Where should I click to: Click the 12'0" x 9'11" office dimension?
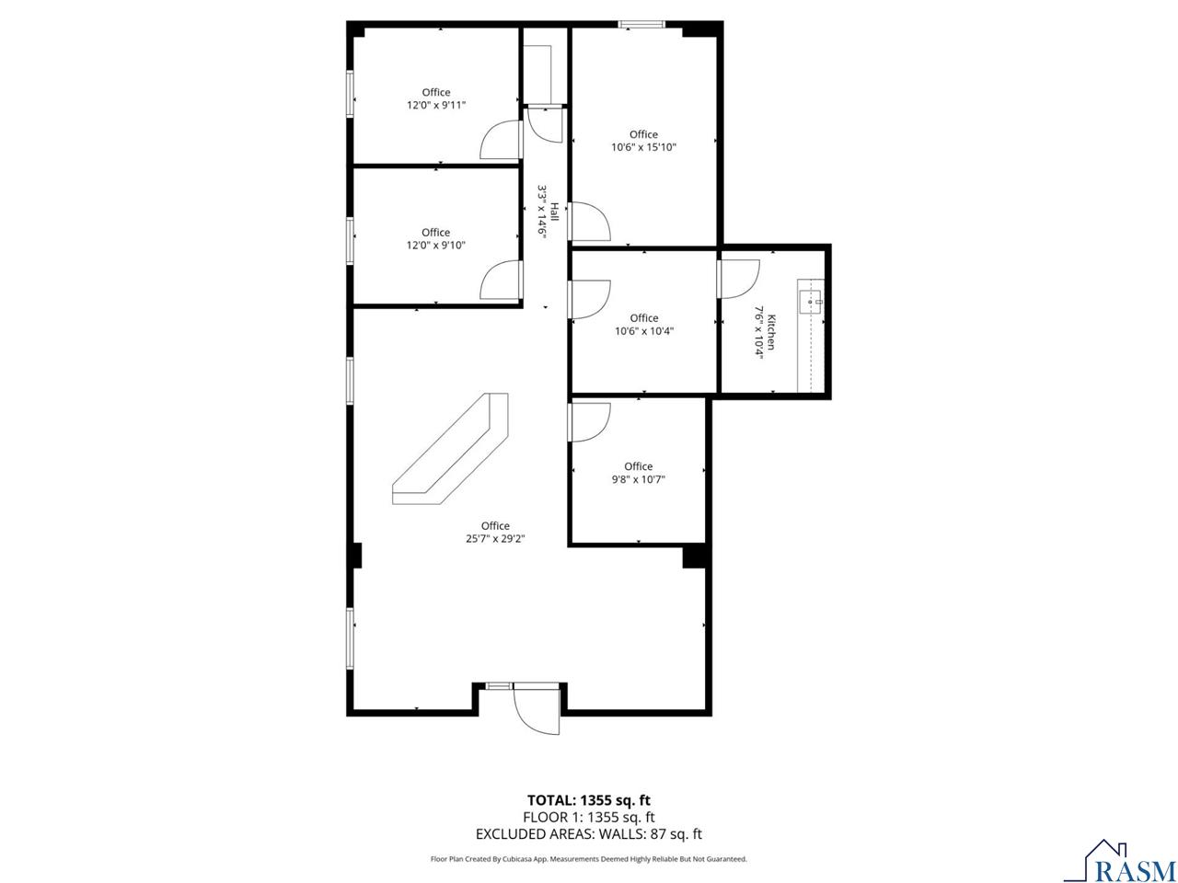[x=436, y=105]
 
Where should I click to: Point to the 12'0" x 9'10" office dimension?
[x=436, y=246]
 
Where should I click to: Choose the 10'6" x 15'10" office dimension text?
[x=643, y=147]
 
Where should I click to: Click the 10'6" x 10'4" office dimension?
[x=644, y=331]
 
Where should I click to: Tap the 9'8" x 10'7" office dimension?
[x=638, y=479]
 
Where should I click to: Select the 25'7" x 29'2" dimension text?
[x=495, y=539]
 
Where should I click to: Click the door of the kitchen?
[x=737, y=279]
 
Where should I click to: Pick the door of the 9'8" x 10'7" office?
[x=589, y=422]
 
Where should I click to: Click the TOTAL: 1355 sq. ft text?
[x=588, y=800]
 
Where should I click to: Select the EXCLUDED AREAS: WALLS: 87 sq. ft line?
[x=588, y=834]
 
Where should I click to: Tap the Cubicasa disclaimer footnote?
[x=588, y=859]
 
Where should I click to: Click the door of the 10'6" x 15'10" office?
[x=590, y=222]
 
